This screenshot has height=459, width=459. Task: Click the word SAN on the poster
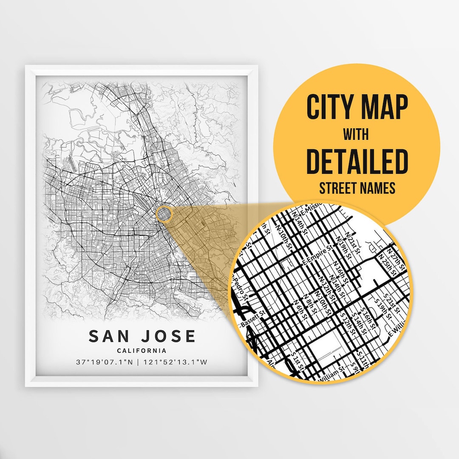point(108,336)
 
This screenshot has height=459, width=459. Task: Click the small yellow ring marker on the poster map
point(164,214)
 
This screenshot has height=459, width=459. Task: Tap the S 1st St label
point(297,360)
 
